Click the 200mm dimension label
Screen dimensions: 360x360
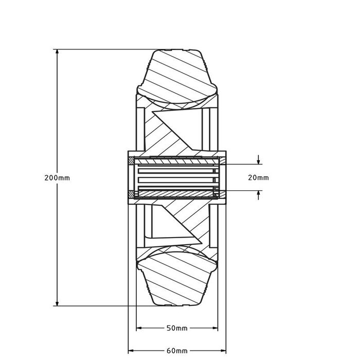pos(57,177)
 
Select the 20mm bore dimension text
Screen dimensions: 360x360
pos(258,177)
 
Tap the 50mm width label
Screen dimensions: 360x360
pos(177,328)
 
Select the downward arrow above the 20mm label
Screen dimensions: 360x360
pos(258,160)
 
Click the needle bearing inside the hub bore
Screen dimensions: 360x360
pos(175,177)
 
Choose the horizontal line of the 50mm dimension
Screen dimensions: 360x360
pos(154,328)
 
